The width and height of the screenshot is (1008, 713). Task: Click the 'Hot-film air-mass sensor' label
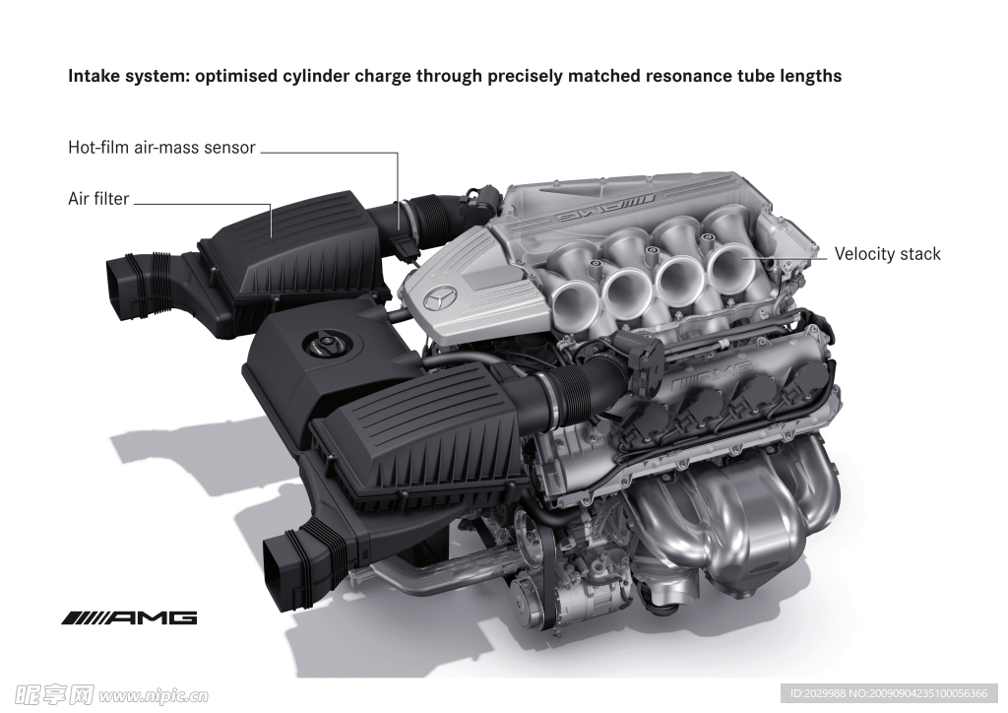pos(162,148)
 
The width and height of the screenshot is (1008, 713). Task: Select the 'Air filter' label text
pos(98,199)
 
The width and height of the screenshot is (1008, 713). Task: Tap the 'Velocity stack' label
pos(887,255)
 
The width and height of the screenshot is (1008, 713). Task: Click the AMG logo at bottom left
pos(129,618)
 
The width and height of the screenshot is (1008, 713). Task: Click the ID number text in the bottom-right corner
pos(890,693)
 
